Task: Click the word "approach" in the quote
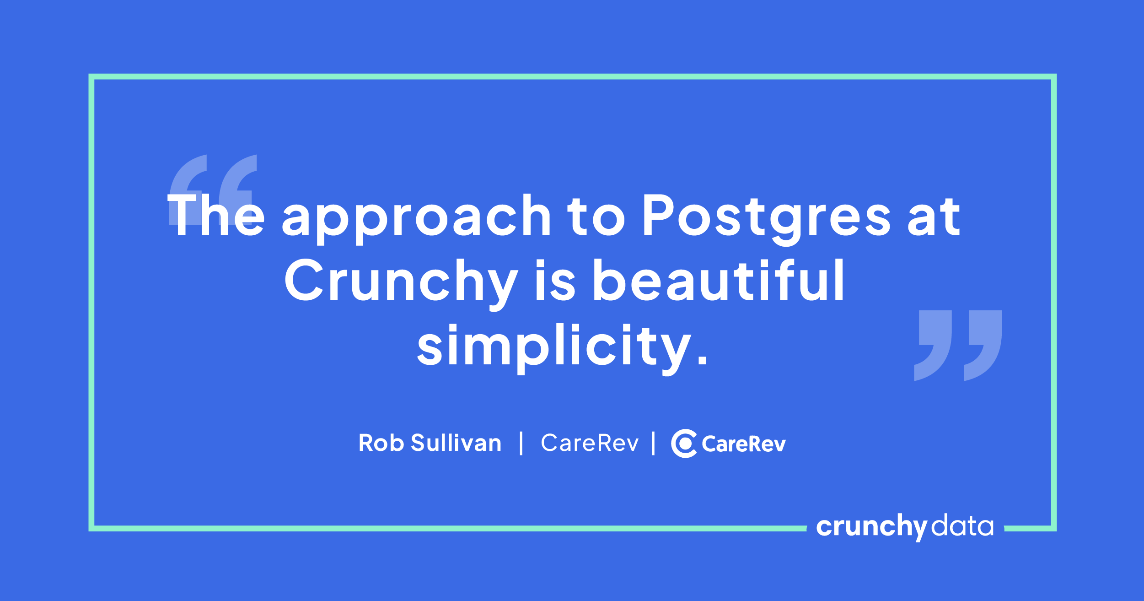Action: pyautogui.click(x=416, y=219)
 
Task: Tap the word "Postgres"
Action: pyautogui.click(x=767, y=219)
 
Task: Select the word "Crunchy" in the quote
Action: pyautogui.click(x=401, y=284)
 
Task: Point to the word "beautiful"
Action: pyautogui.click(x=719, y=279)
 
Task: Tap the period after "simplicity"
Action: pyautogui.click(x=703, y=359)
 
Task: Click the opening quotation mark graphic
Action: pyautogui.click(x=213, y=190)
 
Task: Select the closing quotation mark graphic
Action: pyautogui.click(x=958, y=346)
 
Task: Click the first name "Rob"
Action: pyautogui.click(x=381, y=443)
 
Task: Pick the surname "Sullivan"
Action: pyautogui.click(x=456, y=443)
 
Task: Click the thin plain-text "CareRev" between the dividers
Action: pyautogui.click(x=590, y=443)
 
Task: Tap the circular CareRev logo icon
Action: pyautogui.click(x=683, y=444)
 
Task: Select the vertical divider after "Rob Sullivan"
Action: pyautogui.click(x=521, y=443)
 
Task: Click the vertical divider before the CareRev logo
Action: pyautogui.click(x=653, y=443)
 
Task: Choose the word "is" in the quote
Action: pyautogui.click(x=555, y=280)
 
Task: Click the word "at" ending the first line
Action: pyautogui.click(x=934, y=217)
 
